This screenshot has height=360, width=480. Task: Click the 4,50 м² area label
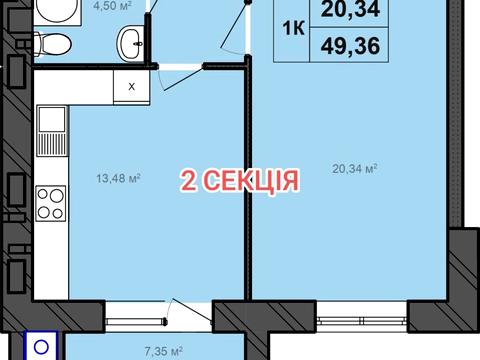point(88,6)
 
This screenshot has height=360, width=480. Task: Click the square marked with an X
point(130,85)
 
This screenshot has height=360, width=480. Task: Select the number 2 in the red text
point(187,180)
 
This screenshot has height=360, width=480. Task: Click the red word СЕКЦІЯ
point(250,180)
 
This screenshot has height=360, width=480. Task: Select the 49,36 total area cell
point(343,45)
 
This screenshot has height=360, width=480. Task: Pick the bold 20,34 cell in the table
point(343,12)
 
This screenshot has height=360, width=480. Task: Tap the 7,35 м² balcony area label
point(163,350)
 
